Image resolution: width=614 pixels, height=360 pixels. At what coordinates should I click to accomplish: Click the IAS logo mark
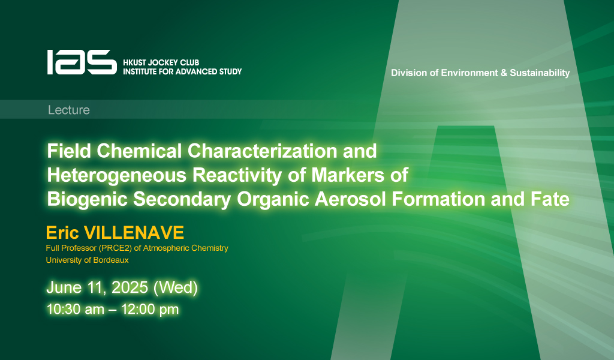pyautogui.click(x=82, y=62)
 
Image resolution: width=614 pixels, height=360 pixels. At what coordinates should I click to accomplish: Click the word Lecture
pyautogui.click(x=69, y=110)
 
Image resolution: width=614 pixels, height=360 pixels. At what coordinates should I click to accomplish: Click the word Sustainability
pyautogui.click(x=540, y=73)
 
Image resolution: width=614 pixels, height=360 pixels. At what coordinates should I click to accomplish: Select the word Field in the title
pyautogui.click(x=69, y=151)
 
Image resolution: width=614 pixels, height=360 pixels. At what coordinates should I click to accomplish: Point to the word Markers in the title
pyautogui.click(x=348, y=175)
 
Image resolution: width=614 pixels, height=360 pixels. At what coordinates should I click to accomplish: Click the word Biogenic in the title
pyautogui.click(x=88, y=199)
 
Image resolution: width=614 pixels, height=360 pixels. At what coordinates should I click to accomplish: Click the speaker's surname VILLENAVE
pyautogui.click(x=134, y=233)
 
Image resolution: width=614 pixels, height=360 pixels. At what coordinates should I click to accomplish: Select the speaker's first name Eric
pyautogui.click(x=62, y=233)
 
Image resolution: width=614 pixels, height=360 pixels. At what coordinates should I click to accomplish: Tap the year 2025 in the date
pyautogui.click(x=130, y=287)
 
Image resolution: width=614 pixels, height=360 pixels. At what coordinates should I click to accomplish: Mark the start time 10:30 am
pyautogui.click(x=75, y=310)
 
